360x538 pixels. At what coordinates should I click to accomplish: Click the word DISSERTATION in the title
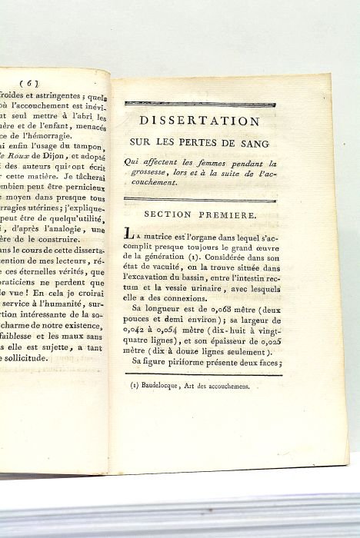click(197, 121)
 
